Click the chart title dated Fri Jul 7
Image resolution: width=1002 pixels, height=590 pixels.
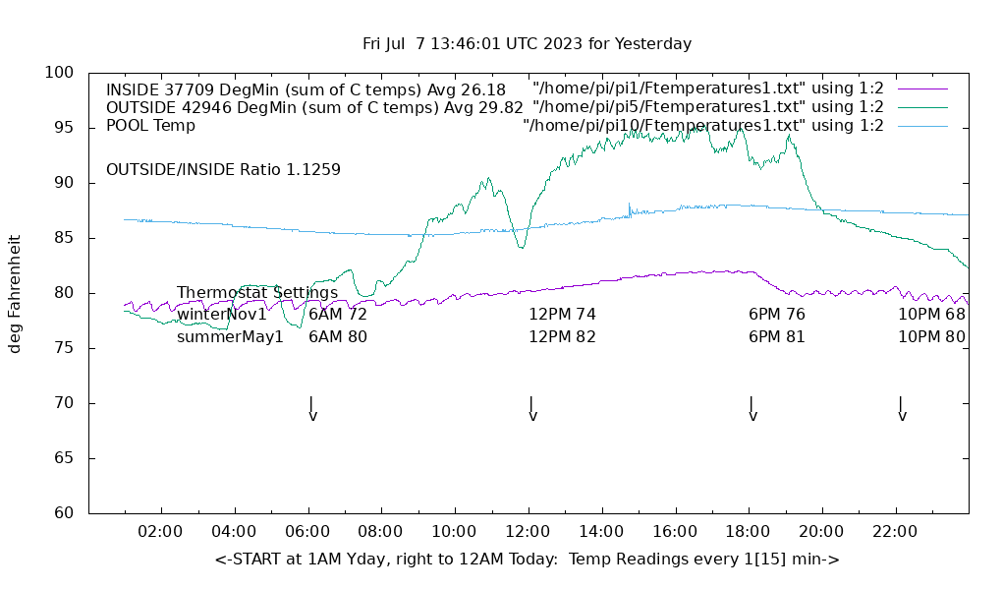click(527, 44)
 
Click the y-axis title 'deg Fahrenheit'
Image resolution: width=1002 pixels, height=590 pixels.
click(16, 293)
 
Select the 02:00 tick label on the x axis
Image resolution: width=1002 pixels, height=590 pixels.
click(160, 532)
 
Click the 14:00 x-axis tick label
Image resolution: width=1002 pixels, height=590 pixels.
click(600, 532)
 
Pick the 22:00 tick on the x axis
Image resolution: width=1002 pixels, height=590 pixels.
click(895, 532)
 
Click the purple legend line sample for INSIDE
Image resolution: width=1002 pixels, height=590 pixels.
click(922, 88)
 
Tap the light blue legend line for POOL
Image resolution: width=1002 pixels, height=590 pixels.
click(922, 126)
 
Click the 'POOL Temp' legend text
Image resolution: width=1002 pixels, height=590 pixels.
click(150, 126)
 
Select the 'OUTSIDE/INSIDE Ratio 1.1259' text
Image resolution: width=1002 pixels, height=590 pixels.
click(223, 170)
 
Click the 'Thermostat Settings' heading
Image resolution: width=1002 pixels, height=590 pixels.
click(257, 293)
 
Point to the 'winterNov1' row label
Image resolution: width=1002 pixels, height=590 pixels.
click(222, 315)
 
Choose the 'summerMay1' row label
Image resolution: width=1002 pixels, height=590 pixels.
click(230, 337)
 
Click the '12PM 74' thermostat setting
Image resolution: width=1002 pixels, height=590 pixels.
click(562, 315)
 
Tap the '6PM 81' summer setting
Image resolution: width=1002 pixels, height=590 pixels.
click(777, 337)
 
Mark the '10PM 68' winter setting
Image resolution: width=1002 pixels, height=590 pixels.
click(931, 315)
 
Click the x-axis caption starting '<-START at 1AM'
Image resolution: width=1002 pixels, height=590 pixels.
click(527, 560)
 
